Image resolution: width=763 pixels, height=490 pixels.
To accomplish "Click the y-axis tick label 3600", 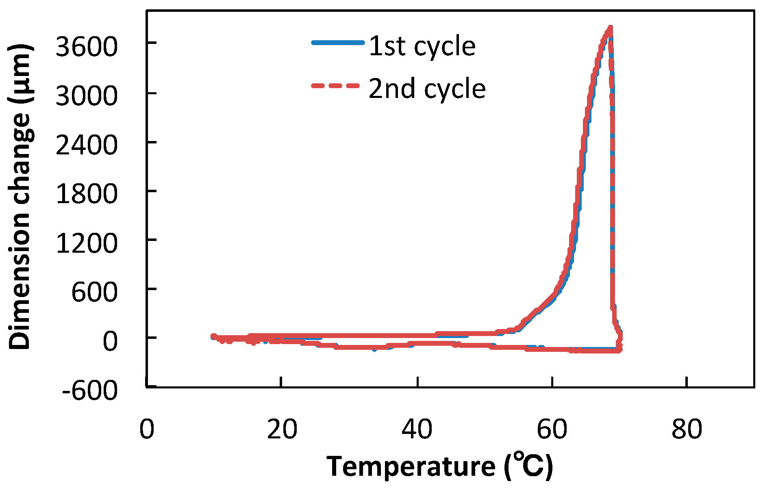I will pyautogui.click(x=87, y=46).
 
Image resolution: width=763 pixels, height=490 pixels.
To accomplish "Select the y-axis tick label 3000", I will pyautogui.click(x=87, y=96).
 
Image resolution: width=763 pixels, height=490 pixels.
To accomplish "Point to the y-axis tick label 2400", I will pyautogui.click(x=87, y=145).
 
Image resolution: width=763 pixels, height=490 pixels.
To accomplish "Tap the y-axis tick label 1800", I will pyautogui.click(x=87, y=194).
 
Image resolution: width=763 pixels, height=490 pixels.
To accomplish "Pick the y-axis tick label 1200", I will pyautogui.click(x=87, y=243).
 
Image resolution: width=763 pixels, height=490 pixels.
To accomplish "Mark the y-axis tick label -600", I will pyautogui.click(x=90, y=390).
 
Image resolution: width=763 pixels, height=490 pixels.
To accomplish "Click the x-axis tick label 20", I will pyautogui.click(x=282, y=429).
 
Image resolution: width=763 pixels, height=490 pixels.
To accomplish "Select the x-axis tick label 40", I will pyautogui.click(x=417, y=429).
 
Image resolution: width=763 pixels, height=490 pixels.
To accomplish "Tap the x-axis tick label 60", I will pyautogui.click(x=552, y=429).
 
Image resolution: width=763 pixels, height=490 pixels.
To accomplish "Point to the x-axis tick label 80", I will pyautogui.click(x=687, y=429).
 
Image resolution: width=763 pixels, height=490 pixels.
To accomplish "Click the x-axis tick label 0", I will pyautogui.click(x=147, y=429).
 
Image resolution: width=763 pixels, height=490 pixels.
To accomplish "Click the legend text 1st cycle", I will pyautogui.click(x=422, y=46).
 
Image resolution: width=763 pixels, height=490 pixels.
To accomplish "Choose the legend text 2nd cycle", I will pyautogui.click(x=427, y=89).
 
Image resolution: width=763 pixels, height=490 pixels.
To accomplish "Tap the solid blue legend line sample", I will pyautogui.click(x=337, y=42).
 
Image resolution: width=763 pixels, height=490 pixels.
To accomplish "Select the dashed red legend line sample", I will pyautogui.click(x=336, y=85).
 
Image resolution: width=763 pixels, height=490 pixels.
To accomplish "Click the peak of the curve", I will pyautogui.click(x=610, y=28).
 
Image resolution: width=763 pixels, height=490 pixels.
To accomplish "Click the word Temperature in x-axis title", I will pyautogui.click(x=411, y=466).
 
